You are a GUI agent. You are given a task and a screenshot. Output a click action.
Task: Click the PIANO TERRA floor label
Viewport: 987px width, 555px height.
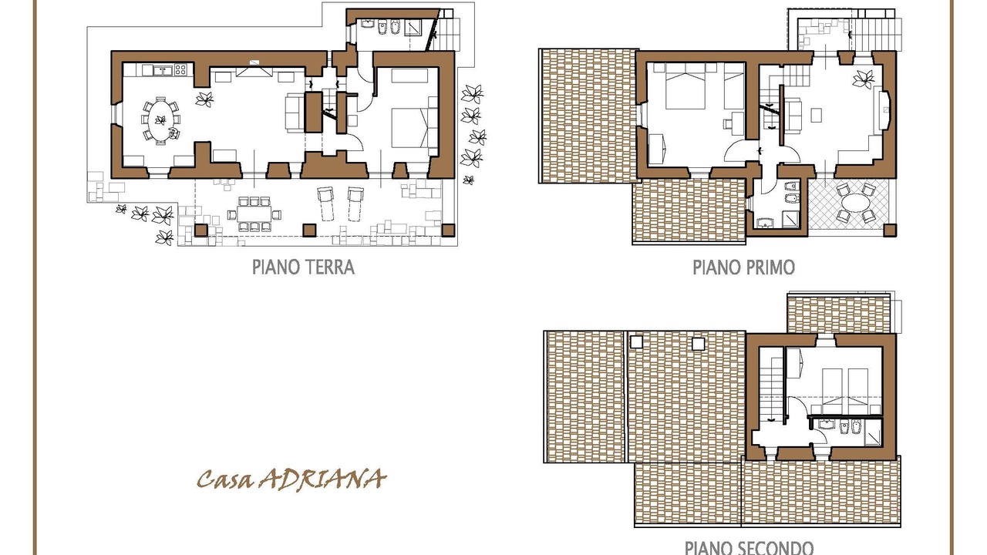point(303,267)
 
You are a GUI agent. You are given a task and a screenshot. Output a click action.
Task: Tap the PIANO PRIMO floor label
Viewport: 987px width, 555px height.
point(744,267)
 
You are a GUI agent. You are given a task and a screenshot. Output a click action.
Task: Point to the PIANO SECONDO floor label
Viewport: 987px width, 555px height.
point(749,548)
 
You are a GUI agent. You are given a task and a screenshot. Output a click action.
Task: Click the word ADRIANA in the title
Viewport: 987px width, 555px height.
point(322,479)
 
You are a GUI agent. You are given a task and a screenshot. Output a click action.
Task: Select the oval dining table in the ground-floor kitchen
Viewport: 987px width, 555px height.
point(160,120)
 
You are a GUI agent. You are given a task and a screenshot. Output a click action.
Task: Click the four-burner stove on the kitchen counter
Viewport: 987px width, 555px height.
point(180,69)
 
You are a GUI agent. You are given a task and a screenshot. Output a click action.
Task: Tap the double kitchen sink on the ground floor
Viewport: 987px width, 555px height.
point(163,70)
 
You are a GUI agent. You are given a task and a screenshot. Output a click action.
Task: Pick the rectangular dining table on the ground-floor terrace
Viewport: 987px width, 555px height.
point(254,214)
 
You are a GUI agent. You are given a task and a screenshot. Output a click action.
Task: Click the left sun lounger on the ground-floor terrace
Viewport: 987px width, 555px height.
point(325,203)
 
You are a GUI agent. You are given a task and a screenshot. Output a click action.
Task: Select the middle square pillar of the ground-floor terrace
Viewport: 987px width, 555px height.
point(309,230)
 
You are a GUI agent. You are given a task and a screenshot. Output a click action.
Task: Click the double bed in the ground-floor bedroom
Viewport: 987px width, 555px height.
point(409,128)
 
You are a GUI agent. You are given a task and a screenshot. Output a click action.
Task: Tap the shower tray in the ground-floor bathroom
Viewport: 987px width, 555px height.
point(413,27)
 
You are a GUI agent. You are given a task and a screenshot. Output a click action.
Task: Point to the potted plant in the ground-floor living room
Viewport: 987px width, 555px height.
point(204,99)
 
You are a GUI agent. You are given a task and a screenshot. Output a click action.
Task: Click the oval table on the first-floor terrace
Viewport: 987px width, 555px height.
point(855,203)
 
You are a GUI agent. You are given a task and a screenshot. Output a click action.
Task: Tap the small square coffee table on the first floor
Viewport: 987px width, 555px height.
point(816,116)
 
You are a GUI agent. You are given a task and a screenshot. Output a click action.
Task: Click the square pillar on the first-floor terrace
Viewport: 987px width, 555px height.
point(890,230)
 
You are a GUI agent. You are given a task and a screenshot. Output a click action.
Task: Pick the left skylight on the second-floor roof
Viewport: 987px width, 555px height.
point(637,342)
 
